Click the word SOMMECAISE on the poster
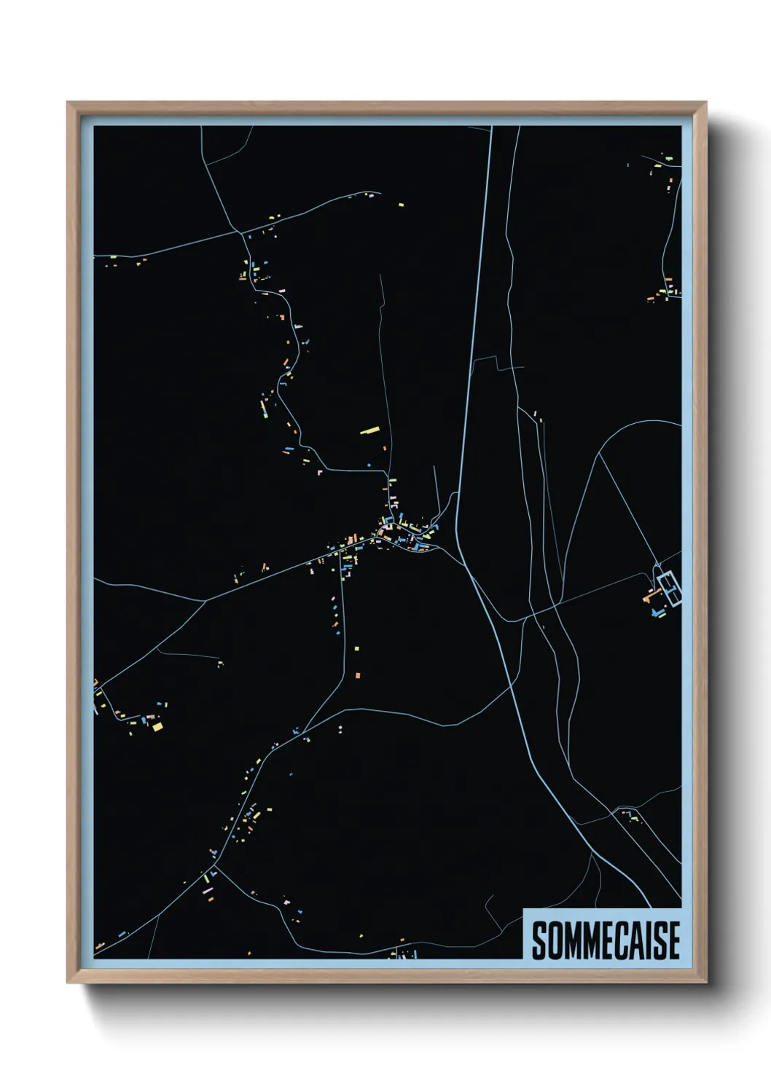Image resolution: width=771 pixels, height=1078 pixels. [x=605, y=940]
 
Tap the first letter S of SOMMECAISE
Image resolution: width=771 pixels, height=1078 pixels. [x=540, y=940]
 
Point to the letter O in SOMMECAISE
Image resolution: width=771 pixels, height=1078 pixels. [x=555, y=940]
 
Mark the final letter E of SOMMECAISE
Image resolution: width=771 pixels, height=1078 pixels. [x=674, y=940]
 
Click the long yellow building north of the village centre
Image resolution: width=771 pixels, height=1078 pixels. [x=370, y=430]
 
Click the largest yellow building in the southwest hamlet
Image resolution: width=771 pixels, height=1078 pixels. [x=157, y=726]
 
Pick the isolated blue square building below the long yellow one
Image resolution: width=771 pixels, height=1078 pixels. [x=368, y=464]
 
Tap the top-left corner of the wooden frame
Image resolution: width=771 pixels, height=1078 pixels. [x=68, y=103]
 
